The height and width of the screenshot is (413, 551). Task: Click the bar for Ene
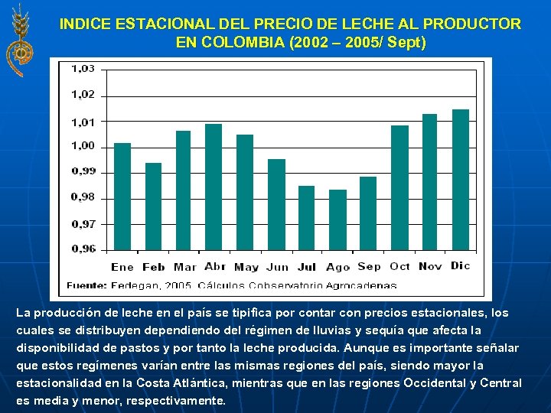click(x=122, y=197)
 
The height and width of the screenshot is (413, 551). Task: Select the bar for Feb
click(x=153, y=206)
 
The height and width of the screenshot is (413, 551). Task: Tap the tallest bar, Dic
click(x=461, y=180)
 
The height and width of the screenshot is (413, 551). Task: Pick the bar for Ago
click(x=337, y=220)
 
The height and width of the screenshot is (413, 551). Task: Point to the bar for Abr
click(x=214, y=187)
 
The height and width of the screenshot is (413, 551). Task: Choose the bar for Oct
click(x=399, y=187)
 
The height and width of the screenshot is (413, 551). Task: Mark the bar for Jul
click(x=306, y=218)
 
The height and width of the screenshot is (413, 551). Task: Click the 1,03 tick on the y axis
click(x=83, y=69)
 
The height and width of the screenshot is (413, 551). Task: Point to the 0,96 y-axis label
click(x=83, y=249)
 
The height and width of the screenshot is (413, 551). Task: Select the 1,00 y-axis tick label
click(x=83, y=145)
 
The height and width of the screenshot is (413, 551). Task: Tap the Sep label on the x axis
click(x=369, y=267)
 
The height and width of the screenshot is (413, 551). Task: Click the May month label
click(x=246, y=267)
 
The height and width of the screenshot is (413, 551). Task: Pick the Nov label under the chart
click(x=430, y=267)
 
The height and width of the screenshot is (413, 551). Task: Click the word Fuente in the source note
click(x=86, y=285)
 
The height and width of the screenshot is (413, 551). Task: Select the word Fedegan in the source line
click(x=136, y=285)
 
